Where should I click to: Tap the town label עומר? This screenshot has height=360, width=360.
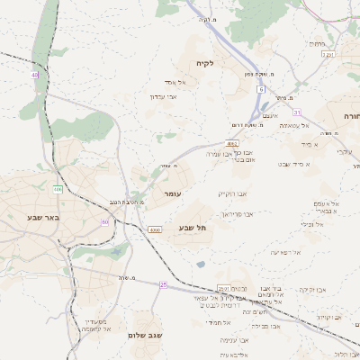[x=173, y=193]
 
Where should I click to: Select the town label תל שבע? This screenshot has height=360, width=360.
[x=193, y=228]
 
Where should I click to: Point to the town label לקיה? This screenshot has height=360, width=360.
[x=204, y=64]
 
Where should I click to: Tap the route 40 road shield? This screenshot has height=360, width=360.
[x=35, y=75]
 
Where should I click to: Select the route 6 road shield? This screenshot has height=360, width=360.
[x=261, y=90]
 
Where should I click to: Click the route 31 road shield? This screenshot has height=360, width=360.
[x=296, y=112]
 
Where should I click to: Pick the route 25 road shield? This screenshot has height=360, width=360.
[x=163, y=284]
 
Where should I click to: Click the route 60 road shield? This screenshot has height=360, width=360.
[x=105, y=221]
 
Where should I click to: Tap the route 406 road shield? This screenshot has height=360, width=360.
[x=58, y=189]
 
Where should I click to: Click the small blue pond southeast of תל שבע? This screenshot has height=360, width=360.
[x=200, y=264]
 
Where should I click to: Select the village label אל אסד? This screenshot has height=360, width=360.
[x=175, y=83]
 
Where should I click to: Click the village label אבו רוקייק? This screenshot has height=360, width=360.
[x=231, y=193]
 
